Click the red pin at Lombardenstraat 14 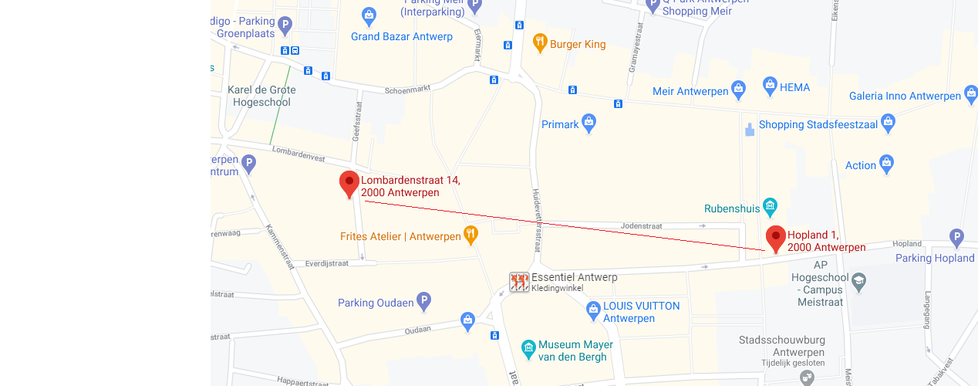(349, 184)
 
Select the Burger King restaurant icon (540, 43)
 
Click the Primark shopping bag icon (589, 124)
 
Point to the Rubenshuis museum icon (769, 207)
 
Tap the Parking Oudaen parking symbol (423, 302)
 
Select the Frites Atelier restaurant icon (470, 235)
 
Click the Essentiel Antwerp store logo (519, 282)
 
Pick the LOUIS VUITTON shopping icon (593, 311)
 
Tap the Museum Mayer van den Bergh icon (528, 350)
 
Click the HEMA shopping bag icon (769, 86)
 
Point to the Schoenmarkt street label (407, 90)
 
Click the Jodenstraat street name (642, 225)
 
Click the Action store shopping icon (886, 164)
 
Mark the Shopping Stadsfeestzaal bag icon (888, 124)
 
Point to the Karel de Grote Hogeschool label (261, 96)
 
